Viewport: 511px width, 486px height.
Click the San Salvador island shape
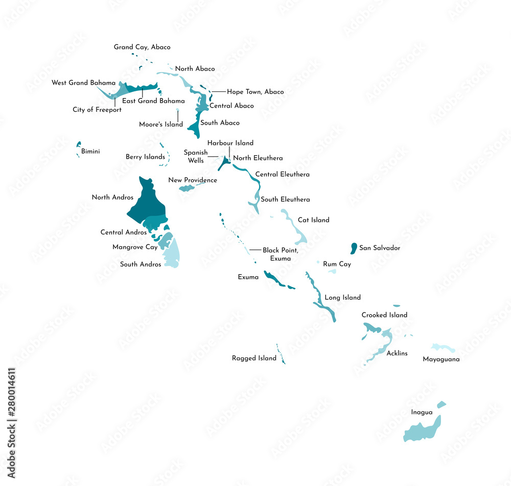353,249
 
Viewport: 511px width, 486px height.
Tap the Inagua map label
422,412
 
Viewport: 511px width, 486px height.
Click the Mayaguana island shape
443,348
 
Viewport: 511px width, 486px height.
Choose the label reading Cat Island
313,220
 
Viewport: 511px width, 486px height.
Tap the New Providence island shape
187,188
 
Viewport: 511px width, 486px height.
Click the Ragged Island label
254,358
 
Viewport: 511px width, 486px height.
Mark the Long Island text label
342,298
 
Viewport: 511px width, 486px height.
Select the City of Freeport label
97,110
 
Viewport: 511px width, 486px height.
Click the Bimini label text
90,152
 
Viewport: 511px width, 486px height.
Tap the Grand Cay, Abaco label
142,47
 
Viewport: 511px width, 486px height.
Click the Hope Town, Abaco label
255,92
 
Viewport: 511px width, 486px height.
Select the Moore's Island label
160,125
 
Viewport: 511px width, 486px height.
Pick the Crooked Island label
384,315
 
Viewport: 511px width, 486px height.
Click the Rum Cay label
337,264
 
